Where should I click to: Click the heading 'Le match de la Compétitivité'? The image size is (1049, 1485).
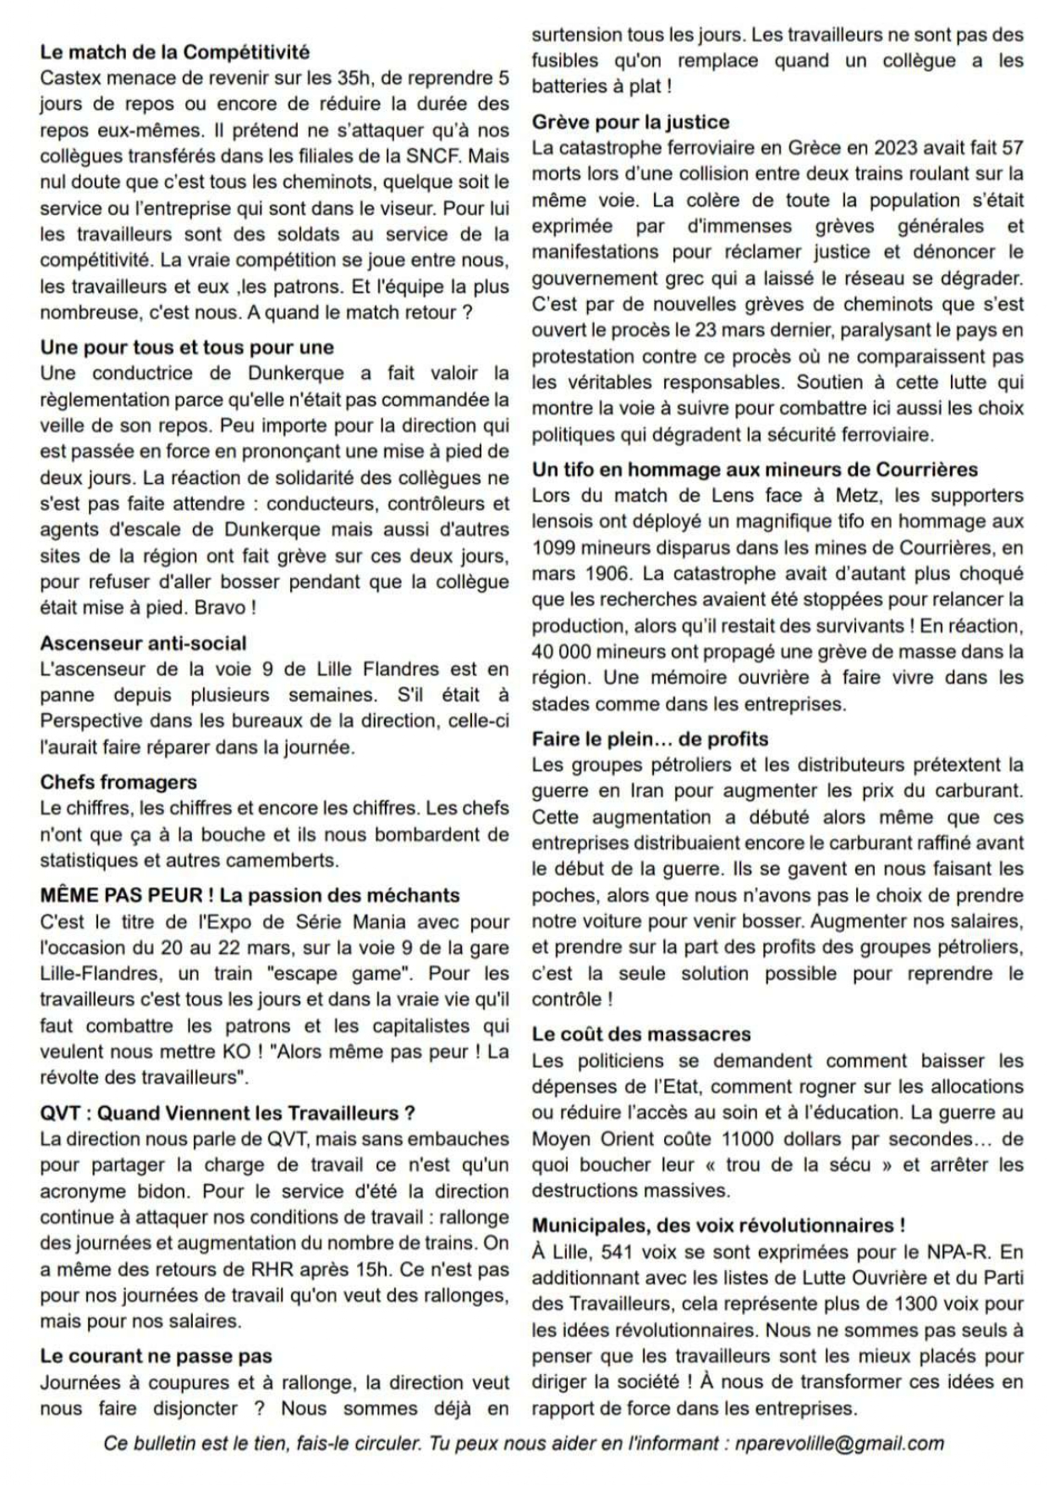(175, 52)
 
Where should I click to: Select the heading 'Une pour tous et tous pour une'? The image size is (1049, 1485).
(187, 347)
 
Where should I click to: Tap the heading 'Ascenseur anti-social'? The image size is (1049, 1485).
(143, 643)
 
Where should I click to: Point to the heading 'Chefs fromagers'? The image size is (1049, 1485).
(118, 782)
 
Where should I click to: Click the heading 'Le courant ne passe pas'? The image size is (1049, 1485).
(156, 1356)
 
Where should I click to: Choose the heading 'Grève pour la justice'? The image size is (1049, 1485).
(630, 122)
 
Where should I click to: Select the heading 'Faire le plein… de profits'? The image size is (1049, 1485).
(650, 739)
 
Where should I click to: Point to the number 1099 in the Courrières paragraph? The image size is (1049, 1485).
(554, 547)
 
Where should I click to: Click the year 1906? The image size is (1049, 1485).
(607, 574)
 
